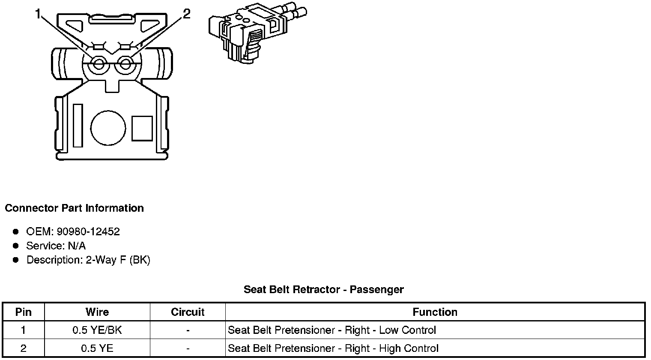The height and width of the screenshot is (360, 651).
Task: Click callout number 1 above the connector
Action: (39, 15)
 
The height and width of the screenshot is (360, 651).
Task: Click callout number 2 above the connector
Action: (186, 15)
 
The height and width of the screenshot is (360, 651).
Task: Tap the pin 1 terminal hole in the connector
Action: (99, 65)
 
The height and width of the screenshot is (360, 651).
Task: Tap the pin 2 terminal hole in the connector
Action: (125, 65)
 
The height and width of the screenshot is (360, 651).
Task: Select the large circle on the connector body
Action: (108, 128)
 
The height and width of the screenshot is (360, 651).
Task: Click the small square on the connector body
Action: (142, 128)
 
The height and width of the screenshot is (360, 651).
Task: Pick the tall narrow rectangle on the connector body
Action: (78, 125)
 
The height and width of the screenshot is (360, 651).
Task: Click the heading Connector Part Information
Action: (74, 208)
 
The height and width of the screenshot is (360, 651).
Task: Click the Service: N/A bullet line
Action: (56, 246)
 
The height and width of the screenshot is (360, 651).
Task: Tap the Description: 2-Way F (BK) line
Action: (88, 260)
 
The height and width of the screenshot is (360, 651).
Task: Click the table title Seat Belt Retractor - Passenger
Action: (323, 290)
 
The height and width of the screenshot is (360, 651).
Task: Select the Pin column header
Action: (23, 312)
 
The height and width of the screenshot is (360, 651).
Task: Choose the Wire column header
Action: (97, 312)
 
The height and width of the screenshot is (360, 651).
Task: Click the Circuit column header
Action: (188, 312)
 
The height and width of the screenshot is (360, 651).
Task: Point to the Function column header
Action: (435, 312)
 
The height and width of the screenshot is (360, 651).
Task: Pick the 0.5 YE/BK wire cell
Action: (97, 330)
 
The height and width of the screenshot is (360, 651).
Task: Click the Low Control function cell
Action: (332, 330)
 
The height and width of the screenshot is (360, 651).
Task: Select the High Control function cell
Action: (333, 348)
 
